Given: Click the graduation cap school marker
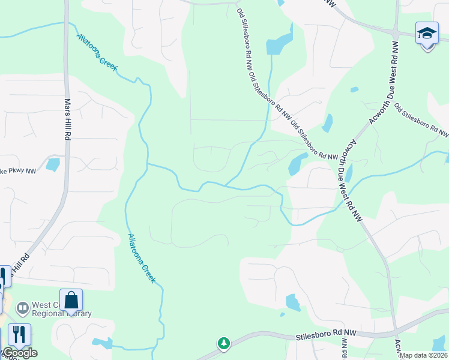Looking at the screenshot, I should (x=427, y=34).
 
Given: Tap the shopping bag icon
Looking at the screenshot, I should (x=71, y=301).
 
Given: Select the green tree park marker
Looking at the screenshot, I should (x=224, y=343).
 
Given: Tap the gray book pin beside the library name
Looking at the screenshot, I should (x=23, y=308).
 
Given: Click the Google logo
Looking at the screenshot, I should (x=19, y=353).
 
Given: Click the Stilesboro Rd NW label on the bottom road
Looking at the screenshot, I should (x=326, y=336).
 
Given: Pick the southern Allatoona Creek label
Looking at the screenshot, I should (x=140, y=250).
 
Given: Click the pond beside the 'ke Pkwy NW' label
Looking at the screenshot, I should (x=53, y=163).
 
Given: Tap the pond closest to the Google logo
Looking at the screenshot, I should (x=103, y=343).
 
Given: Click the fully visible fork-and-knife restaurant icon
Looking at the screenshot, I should (x=19, y=335).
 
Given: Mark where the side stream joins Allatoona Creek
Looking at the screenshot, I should (x=148, y=163).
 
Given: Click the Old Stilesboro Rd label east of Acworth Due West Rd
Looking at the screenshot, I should (x=421, y=118).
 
